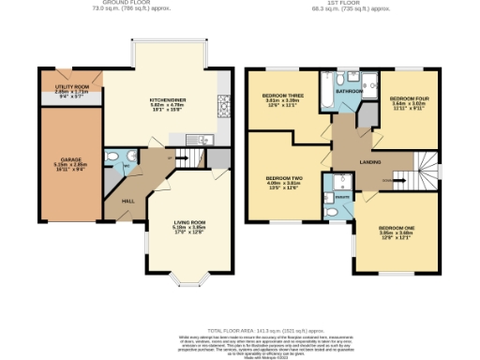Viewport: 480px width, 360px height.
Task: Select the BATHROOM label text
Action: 351,91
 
